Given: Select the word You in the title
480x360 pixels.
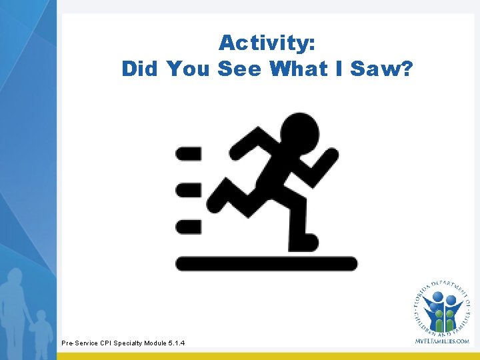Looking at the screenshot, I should click(x=189, y=69).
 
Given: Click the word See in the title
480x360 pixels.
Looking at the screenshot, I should click(x=242, y=69).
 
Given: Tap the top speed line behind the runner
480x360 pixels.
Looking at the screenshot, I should click(x=188, y=154).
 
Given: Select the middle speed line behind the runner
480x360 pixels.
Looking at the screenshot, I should click(x=188, y=190).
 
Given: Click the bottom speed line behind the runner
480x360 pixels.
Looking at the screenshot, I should click(x=188, y=227).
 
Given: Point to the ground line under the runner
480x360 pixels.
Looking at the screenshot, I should click(x=266, y=264).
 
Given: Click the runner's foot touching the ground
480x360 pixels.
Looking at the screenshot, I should click(x=304, y=241).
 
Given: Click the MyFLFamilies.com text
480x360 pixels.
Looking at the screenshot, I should click(x=441, y=341).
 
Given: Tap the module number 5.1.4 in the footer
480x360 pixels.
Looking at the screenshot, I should click(x=173, y=343).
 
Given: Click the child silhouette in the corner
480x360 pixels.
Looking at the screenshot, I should click(x=41, y=330).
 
